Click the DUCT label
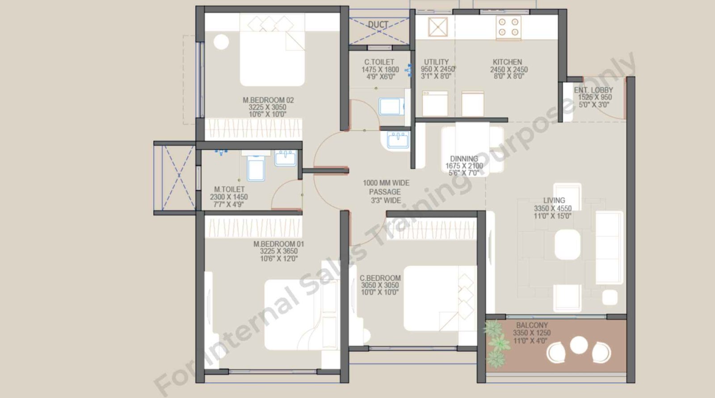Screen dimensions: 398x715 click(x=378, y=25)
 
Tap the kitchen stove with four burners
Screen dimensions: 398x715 click(x=509, y=27)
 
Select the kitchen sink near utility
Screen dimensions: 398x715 click(x=437, y=27)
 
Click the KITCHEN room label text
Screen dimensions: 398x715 click(x=507, y=62)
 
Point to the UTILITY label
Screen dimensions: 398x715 click(x=436, y=62)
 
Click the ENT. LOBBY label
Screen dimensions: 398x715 click(x=593, y=90)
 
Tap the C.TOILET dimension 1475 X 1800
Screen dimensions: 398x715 click(x=380, y=70)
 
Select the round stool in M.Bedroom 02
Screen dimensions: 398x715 click(x=221, y=42)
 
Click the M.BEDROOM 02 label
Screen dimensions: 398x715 click(x=268, y=100)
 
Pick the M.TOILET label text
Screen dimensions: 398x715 click(x=229, y=190)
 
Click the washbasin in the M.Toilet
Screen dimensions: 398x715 click(x=285, y=158)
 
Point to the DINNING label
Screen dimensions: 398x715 click(x=464, y=159)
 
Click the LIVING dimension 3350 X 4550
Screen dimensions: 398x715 click(x=553, y=209)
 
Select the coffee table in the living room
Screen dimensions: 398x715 click(x=568, y=244)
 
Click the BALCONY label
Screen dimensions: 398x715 click(x=532, y=325)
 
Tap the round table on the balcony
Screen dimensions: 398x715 click(x=579, y=345)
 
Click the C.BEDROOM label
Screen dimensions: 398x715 click(x=380, y=278)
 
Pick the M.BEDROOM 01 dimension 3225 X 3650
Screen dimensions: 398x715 click(x=279, y=252)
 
